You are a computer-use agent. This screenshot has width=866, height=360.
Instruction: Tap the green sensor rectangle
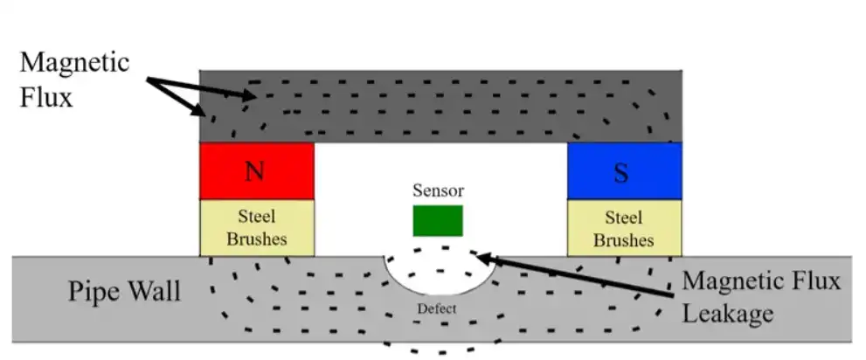click(438, 221)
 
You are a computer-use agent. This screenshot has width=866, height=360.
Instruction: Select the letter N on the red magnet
click(255, 170)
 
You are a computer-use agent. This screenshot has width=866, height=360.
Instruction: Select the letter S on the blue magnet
click(621, 172)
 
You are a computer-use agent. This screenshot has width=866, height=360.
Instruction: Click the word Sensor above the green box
click(439, 190)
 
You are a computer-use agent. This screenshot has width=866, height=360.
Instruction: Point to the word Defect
click(436, 308)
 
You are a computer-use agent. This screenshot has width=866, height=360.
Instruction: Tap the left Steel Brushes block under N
click(257, 227)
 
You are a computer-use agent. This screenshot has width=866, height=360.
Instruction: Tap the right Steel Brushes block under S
click(624, 227)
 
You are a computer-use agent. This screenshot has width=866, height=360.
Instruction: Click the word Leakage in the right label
click(727, 311)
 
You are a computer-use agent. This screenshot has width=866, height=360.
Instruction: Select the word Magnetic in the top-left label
click(75, 63)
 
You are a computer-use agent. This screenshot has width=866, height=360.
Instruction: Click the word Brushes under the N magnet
click(257, 239)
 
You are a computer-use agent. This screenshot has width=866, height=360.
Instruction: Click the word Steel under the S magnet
click(624, 217)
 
